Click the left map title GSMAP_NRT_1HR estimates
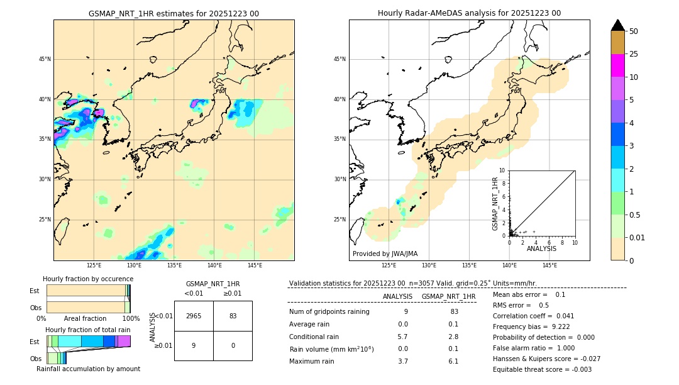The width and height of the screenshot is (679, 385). pyautogui.click(x=174, y=13)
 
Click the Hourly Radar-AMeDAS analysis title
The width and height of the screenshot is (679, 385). pyautogui.click(x=469, y=13)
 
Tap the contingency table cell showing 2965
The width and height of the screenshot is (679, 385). pyautogui.click(x=194, y=316)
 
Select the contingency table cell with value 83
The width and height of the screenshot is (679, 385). pyautogui.click(x=233, y=316)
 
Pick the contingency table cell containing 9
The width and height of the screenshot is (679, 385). pyautogui.click(x=194, y=345)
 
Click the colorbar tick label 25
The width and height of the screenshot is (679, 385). pyautogui.click(x=634, y=55)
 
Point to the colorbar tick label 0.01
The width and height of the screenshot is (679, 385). pyautogui.click(x=638, y=237)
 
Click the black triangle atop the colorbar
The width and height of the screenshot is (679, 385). pyautogui.click(x=618, y=25)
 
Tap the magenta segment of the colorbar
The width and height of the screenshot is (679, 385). pyautogui.click(x=618, y=65)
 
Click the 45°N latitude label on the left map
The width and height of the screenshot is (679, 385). pyautogui.click(x=45, y=59)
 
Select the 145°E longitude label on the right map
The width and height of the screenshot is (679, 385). pyautogui.click(x=549, y=265)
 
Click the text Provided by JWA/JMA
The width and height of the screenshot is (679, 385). pyautogui.click(x=385, y=254)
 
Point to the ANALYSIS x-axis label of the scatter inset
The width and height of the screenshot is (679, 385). pyautogui.click(x=541, y=249)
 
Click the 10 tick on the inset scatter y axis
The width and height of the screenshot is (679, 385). pyautogui.click(x=502, y=170)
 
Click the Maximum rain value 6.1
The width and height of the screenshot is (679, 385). pyautogui.click(x=453, y=362)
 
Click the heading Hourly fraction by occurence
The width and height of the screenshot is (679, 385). pyautogui.click(x=88, y=279)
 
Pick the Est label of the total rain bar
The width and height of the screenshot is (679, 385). pyautogui.click(x=34, y=342)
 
